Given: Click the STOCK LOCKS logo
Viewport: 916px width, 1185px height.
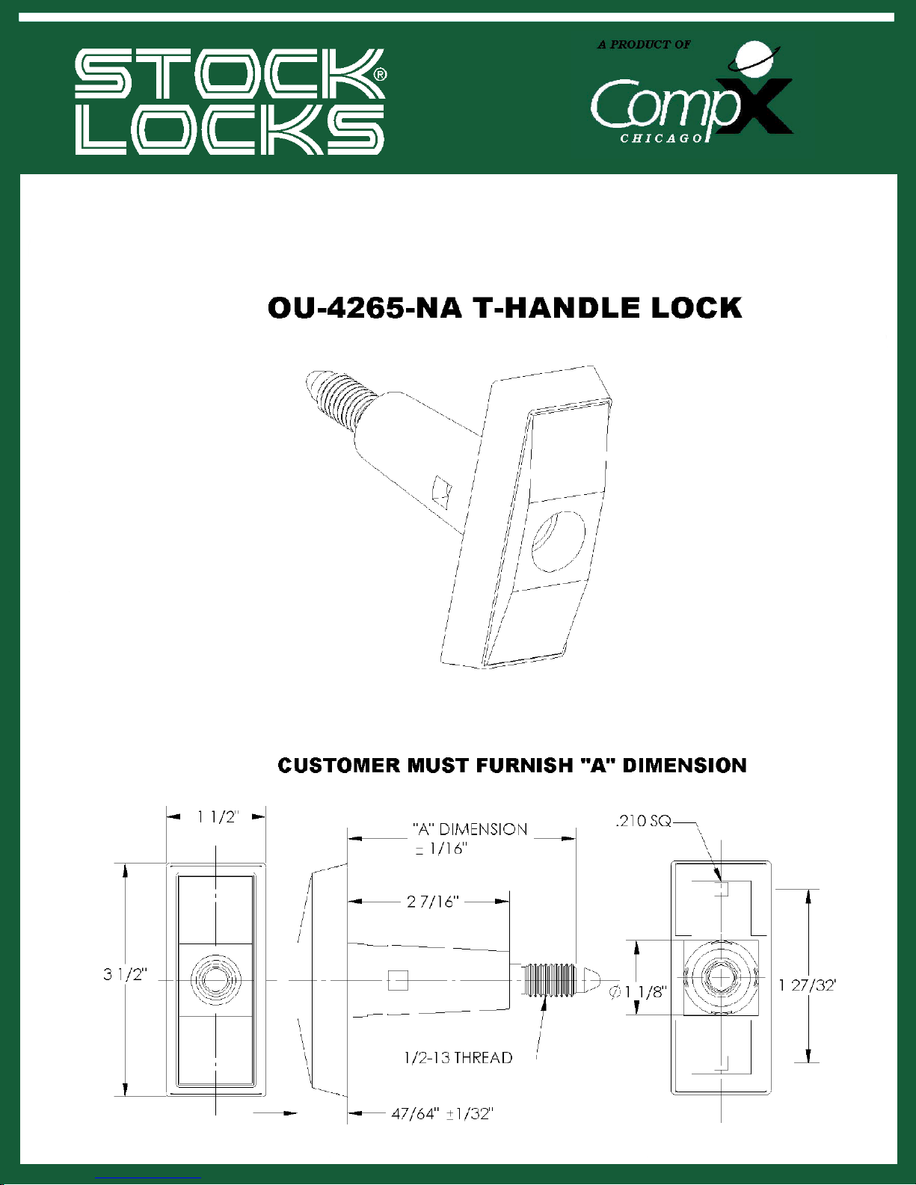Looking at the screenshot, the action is pyautogui.click(x=230, y=102).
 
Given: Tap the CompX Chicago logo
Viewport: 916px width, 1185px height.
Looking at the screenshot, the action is pyautogui.click(x=692, y=93).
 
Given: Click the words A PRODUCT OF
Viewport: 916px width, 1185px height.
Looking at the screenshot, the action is pyautogui.click(x=644, y=45).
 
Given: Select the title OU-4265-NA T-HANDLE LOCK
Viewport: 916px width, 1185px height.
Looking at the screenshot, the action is pyautogui.click(x=504, y=308).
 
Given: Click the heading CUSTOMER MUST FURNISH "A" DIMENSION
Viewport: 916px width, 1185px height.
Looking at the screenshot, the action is pyautogui.click(x=512, y=765).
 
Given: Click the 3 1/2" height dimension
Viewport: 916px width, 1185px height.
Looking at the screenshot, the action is pyautogui.click(x=125, y=973).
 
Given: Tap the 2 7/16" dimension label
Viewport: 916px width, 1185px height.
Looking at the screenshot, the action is pyautogui.click(x=433, y=902).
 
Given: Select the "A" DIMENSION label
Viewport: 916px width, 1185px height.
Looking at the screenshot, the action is pyautogui.click(x=470, y=829).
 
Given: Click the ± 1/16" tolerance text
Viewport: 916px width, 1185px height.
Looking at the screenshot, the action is pyautogui.click(x=441, y=849).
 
